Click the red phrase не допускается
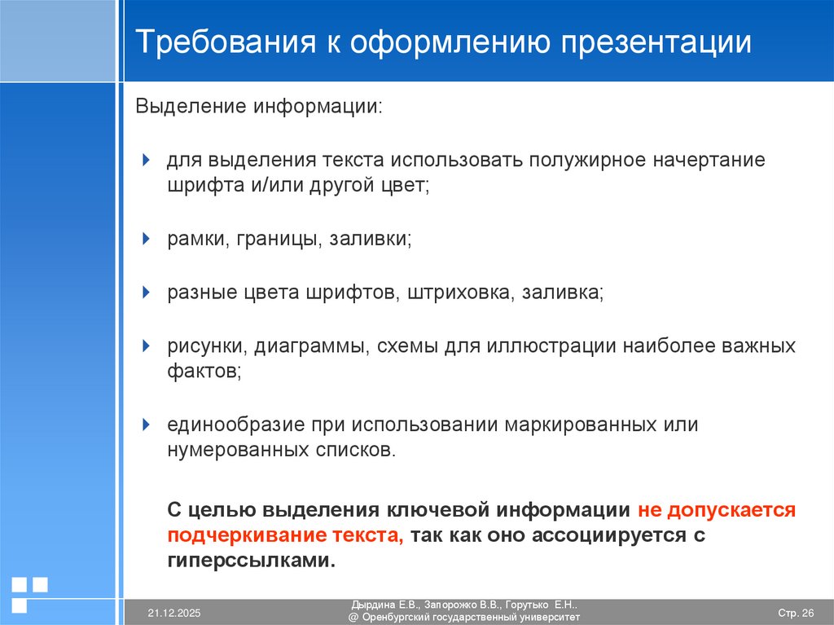[x=716, y=510]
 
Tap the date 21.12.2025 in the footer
[x=173, y=613]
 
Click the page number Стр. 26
[x=796, y=613]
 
